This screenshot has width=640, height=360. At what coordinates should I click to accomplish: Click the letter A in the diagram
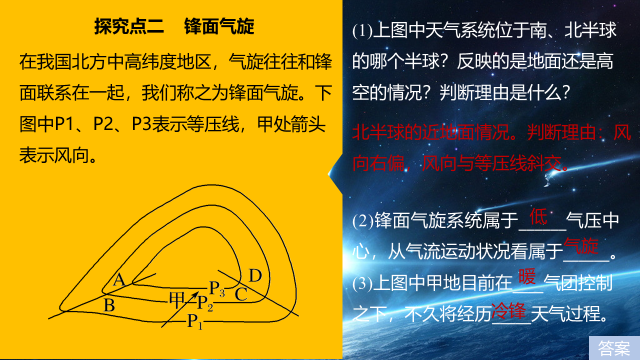pyautogui.click(x=119, y=279)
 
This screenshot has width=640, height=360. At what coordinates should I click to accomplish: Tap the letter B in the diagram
pyautogui.click(x=109, y=305)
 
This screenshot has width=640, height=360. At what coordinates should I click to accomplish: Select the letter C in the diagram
pyautogui.click(x=241, y=294)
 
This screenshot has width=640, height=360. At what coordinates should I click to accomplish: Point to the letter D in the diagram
pyautogui.click(x=255, y=275)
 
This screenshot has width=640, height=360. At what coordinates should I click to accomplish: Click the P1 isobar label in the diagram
pyautogui.click(x=195, y=321)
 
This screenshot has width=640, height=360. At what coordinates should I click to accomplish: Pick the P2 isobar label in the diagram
pyautogui.click(x=205, y=303)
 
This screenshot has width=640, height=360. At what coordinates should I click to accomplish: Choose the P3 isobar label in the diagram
pyautogui.click(x=217, y=288)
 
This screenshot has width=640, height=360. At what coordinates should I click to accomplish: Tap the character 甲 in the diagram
pyautogui.click(x=176, y=300)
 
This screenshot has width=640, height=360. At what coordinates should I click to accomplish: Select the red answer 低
pyautogui.click(x=538, y=216)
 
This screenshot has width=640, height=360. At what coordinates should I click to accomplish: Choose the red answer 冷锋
pyautogui.click(x=508, y=311)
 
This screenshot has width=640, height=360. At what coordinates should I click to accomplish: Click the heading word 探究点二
pyautogui.click(x=129, y=26)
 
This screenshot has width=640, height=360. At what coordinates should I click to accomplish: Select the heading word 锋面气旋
pyautogui.click(x=219, y=26)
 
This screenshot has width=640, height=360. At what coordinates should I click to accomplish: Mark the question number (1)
pyautogui.click(x=362, y=30)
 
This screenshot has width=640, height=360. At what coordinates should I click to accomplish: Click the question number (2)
pyautogui.click(x=363, y=221)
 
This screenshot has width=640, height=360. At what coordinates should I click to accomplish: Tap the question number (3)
pyautogui.click(x=362, y=283)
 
